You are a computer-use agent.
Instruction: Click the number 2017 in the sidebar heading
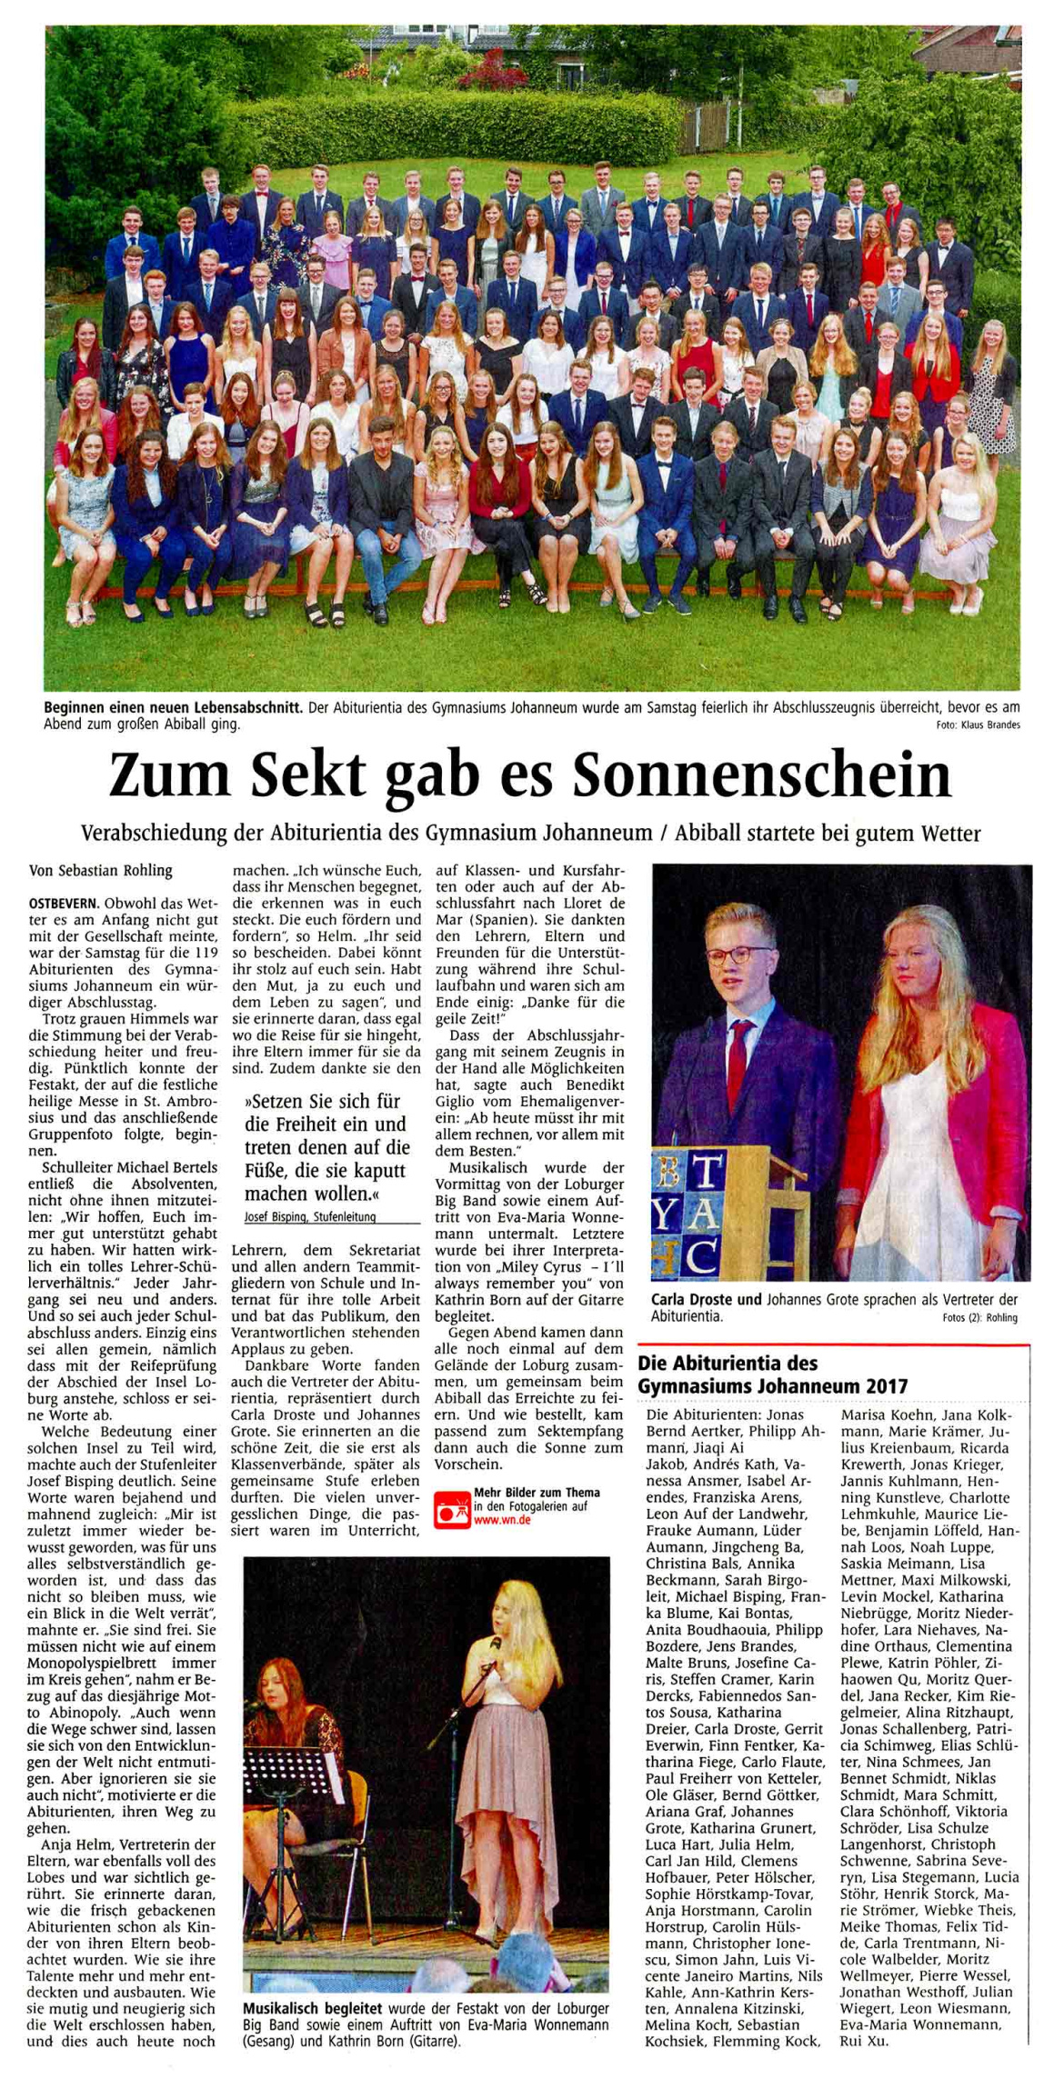(888, 1386)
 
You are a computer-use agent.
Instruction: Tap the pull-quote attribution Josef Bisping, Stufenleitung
(309, 1216)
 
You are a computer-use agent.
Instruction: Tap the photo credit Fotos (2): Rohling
(981, 1317)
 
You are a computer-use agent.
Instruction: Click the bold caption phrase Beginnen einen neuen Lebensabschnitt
(173, 707)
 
